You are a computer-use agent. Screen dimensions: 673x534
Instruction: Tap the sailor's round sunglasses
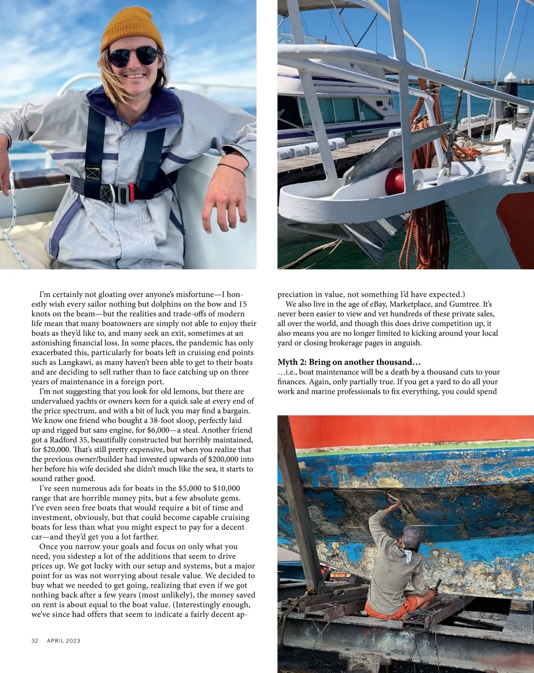(132, 57)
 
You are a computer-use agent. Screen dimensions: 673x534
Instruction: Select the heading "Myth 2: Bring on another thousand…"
(349, 362)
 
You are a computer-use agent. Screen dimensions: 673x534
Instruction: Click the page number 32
(35, 641)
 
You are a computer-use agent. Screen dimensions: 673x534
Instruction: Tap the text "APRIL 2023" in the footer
(64, 641)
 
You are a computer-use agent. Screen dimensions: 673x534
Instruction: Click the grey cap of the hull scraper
(412, 536)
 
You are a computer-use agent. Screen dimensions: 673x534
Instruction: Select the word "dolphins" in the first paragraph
(179, 304)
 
